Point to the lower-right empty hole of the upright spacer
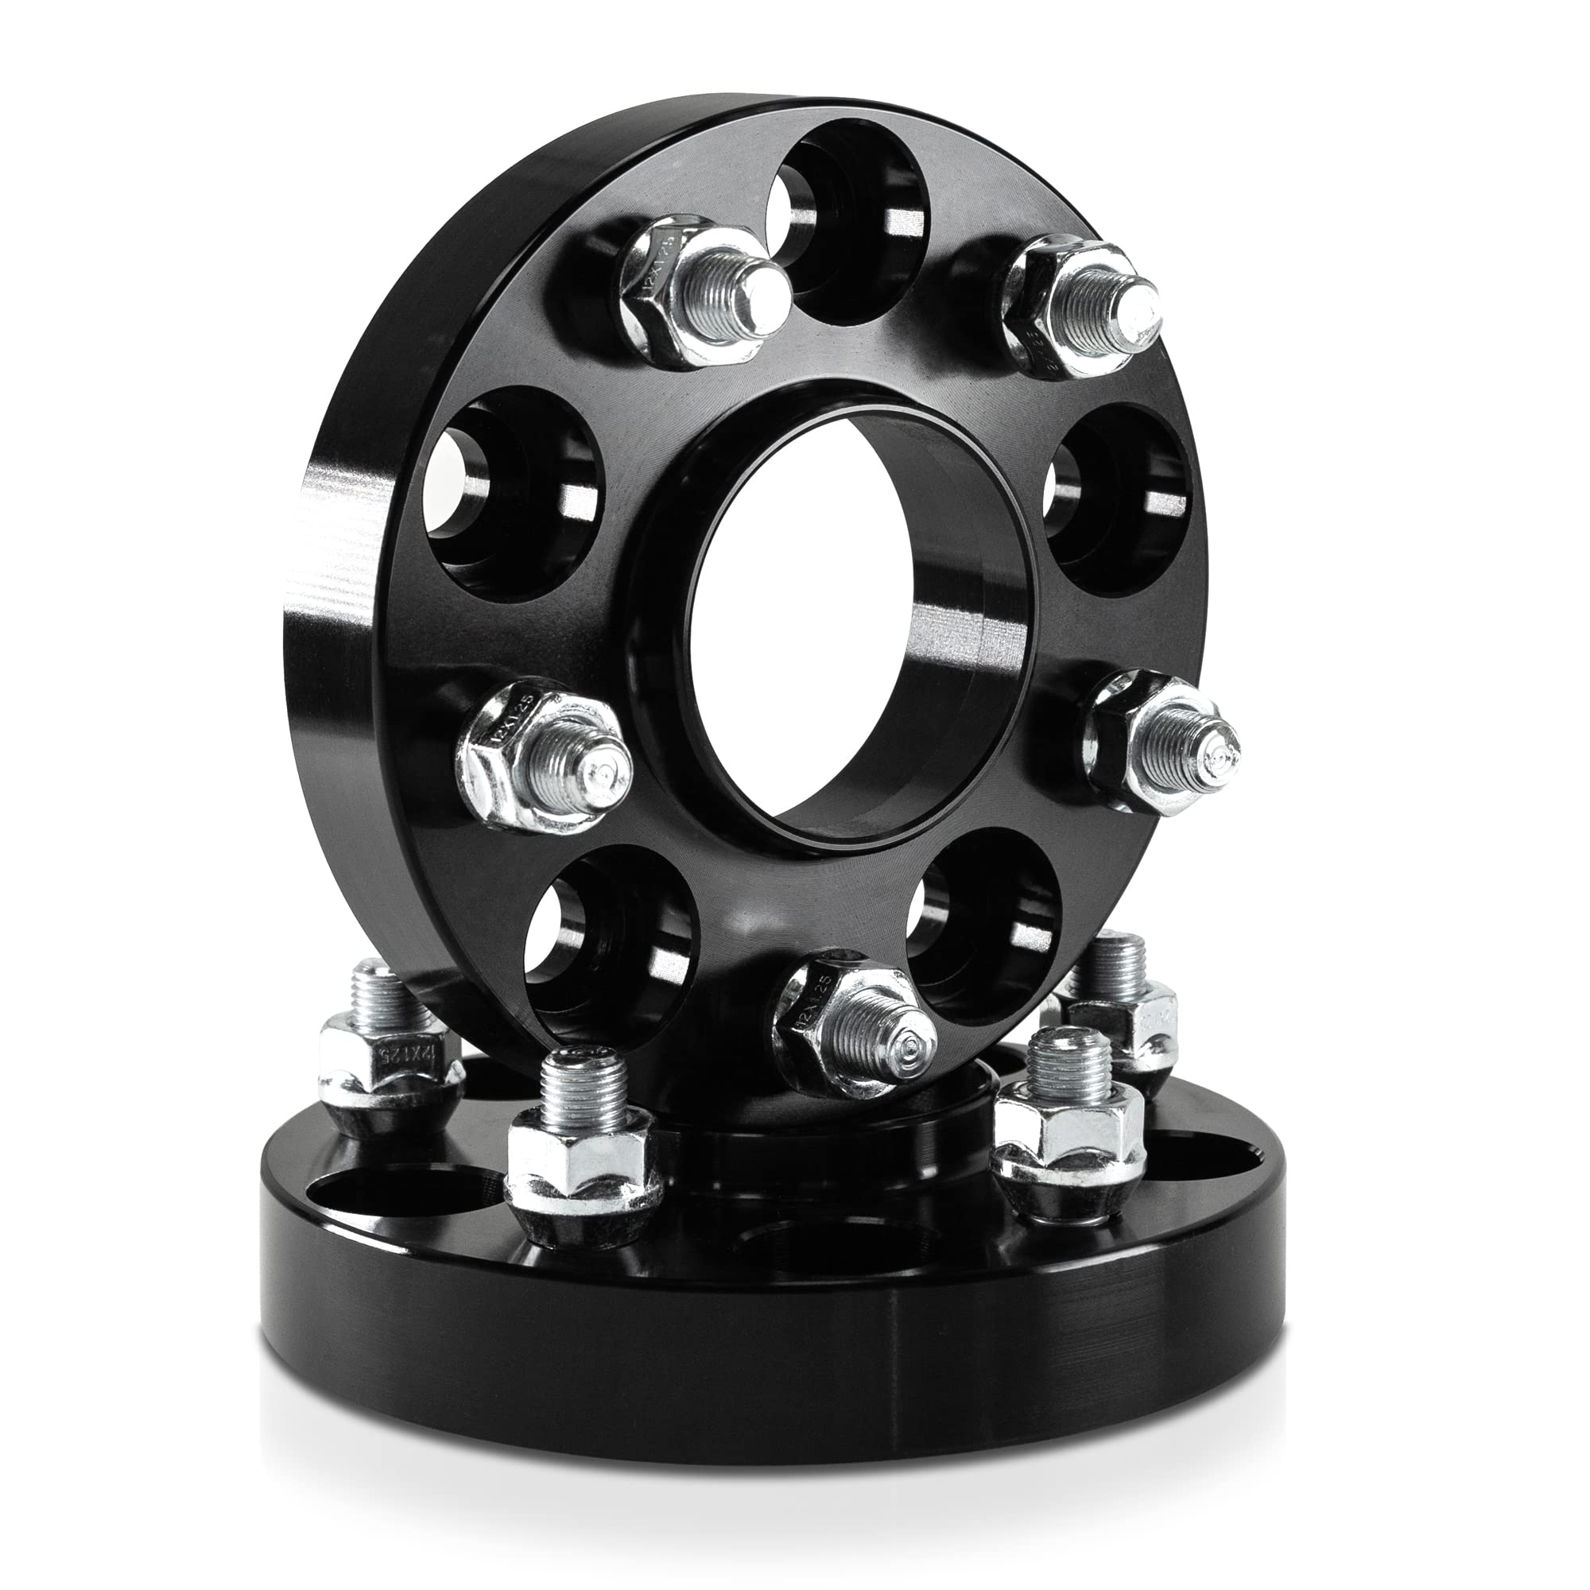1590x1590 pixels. [979, 921]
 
